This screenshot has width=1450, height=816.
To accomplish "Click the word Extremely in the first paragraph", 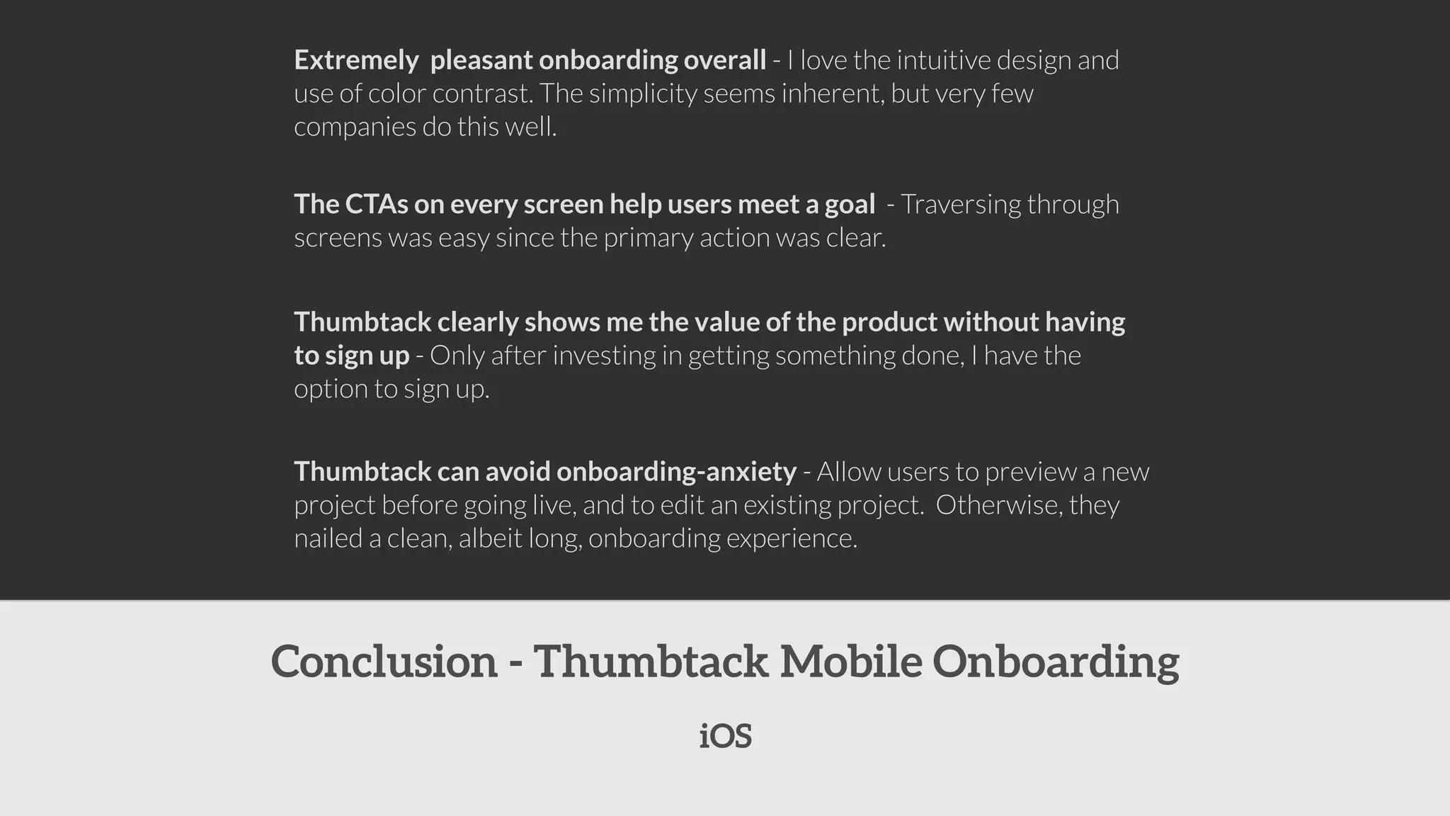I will pos(355,60).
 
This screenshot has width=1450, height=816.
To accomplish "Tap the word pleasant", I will pos(481,60).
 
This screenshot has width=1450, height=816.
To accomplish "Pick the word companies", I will pos(355,127).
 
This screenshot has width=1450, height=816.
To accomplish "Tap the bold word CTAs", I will pos(376,204).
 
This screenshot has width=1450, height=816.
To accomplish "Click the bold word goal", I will pos(850,204).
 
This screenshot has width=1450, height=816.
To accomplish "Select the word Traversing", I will pos(960,204).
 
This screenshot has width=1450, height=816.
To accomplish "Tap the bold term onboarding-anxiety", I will pos(676,472).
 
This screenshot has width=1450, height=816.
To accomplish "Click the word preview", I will pos(1030,472).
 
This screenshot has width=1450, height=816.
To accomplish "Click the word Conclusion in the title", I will pos(384,662).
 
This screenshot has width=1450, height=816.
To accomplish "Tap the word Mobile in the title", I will pos(850,662).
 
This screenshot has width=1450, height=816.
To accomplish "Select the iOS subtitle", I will pos(725,737).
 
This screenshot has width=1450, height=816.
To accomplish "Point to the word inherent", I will pos(830,93).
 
